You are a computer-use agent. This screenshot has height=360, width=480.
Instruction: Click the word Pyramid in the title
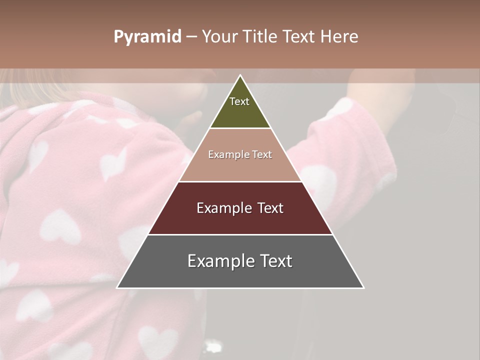147,37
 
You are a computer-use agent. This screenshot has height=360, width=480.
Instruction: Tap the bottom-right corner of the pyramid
363,287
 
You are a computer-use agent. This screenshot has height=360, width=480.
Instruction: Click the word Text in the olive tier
239,101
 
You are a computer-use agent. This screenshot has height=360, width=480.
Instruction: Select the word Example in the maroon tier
222,208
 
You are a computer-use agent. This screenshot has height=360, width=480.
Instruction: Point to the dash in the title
191,37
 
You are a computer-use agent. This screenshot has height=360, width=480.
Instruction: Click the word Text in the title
299,37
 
